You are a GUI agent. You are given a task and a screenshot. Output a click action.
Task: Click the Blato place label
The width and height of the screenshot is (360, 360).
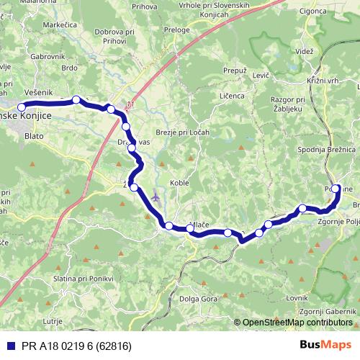click(33, 134)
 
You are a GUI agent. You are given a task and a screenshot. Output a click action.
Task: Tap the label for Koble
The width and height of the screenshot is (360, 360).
click(179, 183)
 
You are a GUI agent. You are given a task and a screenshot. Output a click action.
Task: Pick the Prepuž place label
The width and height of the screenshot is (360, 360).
click(235, 71)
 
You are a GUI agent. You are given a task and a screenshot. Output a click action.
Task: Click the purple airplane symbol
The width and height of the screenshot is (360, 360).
click(156, 195)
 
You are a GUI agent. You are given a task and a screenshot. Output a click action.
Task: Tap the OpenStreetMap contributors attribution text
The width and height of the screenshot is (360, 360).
click(297, 323)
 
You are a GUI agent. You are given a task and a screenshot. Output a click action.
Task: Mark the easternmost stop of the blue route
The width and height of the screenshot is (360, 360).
click(336, 189)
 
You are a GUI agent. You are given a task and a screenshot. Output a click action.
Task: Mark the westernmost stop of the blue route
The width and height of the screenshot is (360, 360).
click(22, 107)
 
